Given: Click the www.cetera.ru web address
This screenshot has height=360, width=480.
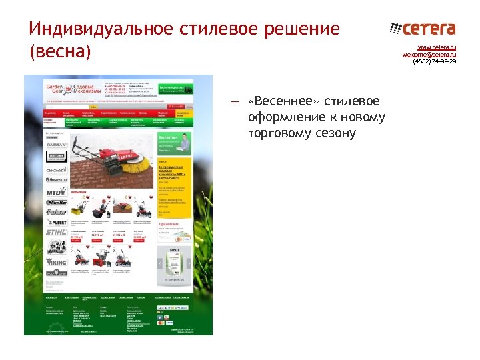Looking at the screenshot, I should [437, 47].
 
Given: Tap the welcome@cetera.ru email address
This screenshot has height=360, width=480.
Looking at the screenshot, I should [429, 54].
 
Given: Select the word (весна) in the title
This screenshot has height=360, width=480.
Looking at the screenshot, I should [59, 51].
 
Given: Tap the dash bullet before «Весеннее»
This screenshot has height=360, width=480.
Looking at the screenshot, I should [234, 101].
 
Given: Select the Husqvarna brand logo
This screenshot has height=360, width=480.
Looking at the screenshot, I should [56, 181].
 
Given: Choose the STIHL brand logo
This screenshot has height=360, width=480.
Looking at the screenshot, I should [56, 231].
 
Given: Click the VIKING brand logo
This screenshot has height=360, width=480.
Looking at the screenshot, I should [56, 262].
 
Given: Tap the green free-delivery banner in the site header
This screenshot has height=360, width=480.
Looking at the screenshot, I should [175, 89].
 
